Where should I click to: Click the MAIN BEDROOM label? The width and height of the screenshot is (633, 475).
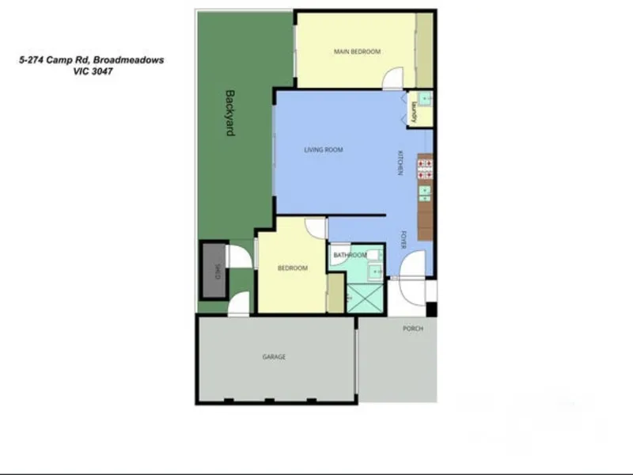point(357,51)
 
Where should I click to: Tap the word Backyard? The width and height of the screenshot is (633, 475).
point(229,113)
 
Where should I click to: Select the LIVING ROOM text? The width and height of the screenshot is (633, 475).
point(324,150)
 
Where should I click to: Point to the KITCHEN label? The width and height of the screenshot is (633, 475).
point(400,163)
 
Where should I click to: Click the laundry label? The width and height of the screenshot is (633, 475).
point(414,112)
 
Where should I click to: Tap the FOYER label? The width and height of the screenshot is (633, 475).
point(404,240)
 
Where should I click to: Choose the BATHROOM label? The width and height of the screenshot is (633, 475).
point(350,255)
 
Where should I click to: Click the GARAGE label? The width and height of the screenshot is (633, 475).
point(274,357)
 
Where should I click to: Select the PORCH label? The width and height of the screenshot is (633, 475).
point(413,329)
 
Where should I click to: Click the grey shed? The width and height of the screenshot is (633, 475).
point(214,271)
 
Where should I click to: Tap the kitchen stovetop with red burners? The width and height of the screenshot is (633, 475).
point(425,169)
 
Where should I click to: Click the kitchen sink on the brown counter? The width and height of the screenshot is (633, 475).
point(424,194)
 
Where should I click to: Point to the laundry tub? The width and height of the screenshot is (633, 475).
point(424,98)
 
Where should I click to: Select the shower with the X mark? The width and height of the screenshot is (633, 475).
point(366,298)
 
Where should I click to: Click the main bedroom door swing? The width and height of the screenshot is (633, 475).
point(392,78)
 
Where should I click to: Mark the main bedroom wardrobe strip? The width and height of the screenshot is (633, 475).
point(424,51)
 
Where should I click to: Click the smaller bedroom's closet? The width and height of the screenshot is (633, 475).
point(335,293)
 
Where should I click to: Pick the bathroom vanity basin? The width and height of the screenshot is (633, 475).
point(375,271)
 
